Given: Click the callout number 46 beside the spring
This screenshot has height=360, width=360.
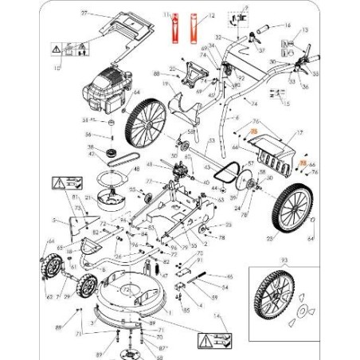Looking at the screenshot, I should pos(230,276).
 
